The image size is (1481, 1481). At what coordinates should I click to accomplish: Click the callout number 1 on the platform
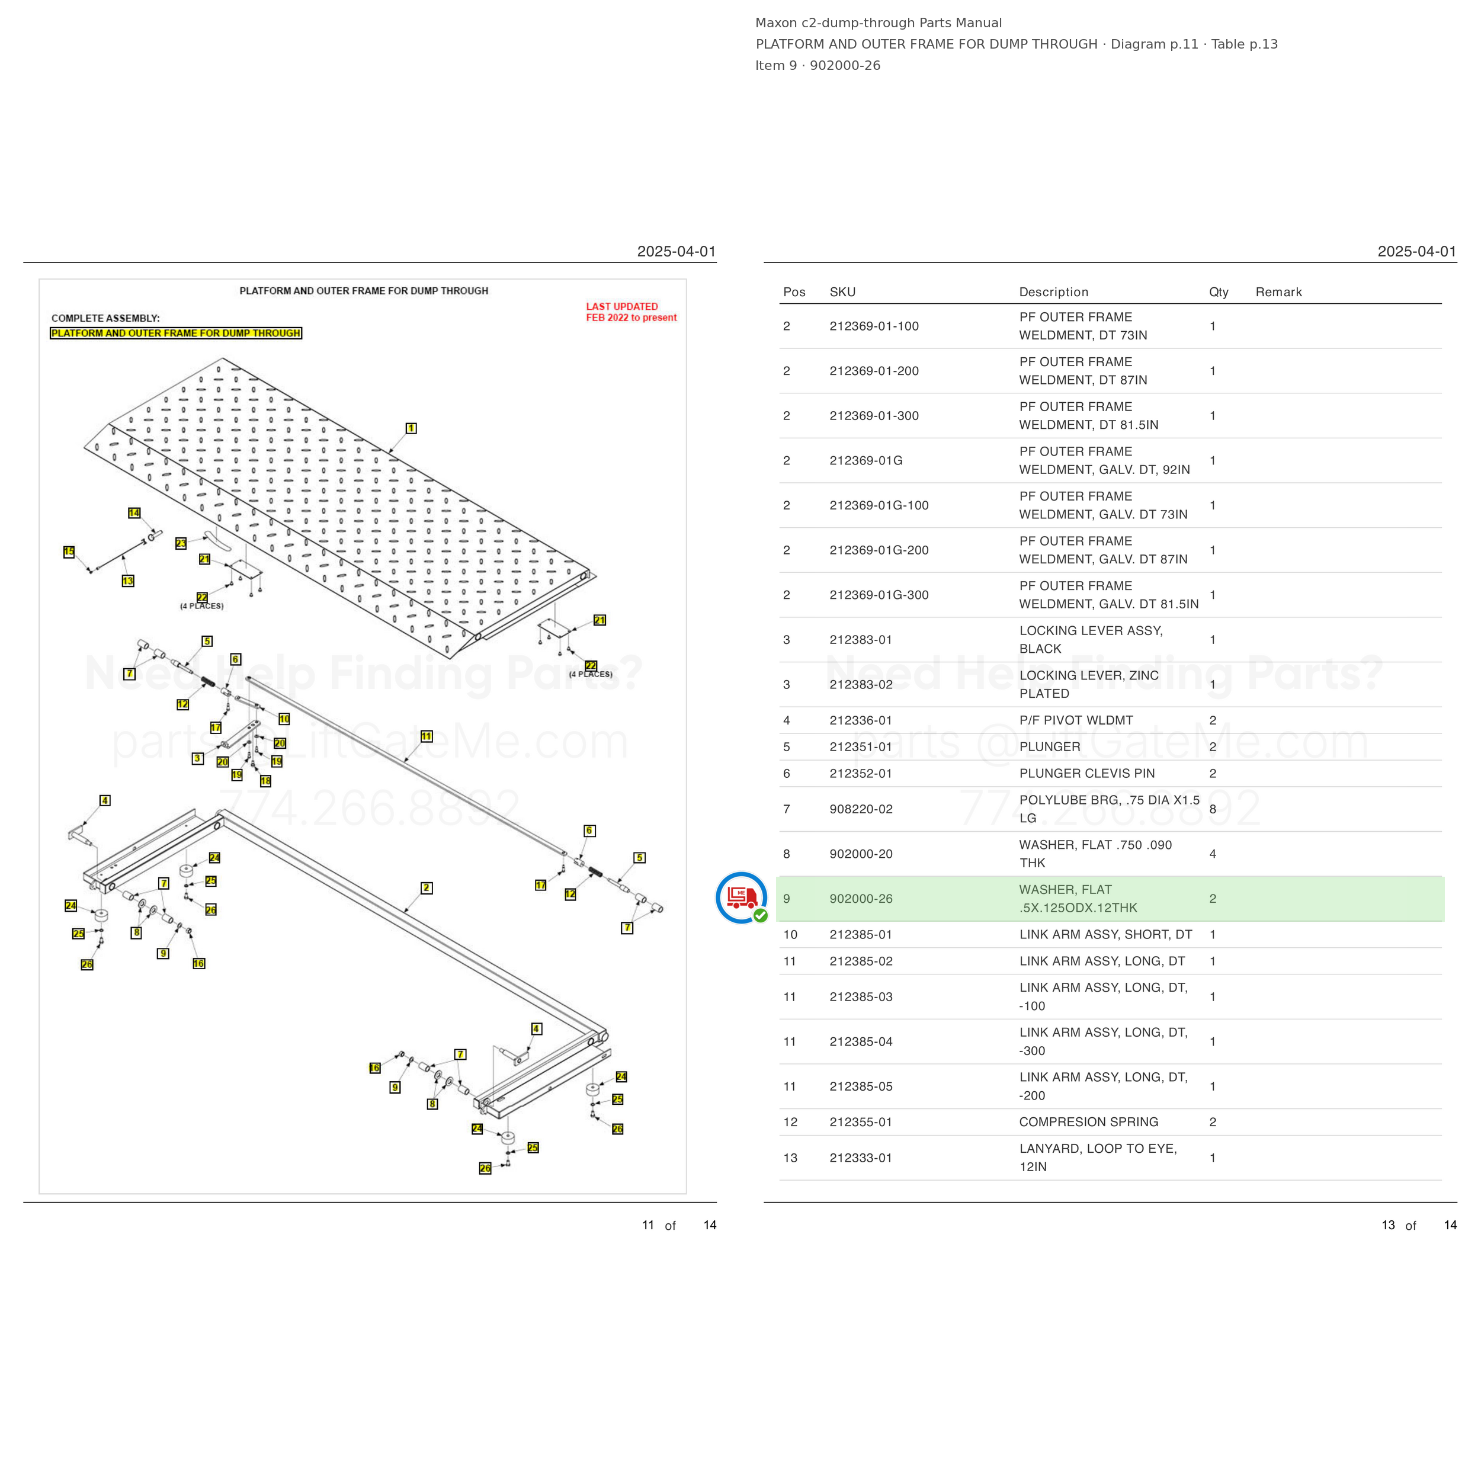tap(411, 428)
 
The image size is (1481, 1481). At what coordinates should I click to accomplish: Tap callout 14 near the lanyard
tap(134, 513)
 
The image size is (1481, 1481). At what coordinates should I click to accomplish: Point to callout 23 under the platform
tap(181, 543)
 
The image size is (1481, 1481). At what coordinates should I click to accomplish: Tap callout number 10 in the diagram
tap(284, 719)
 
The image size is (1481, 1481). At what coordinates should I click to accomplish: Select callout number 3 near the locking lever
tap(198, 758)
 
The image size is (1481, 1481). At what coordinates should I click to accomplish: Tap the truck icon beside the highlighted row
tap(741, 897)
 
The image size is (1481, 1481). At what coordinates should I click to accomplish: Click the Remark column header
tap(1278, 292)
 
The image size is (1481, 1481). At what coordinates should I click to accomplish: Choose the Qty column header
tap(1219, 292)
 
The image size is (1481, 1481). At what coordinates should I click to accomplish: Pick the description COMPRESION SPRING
tap(1088, 1121)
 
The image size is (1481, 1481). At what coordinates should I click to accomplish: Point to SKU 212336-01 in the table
tap(861, 720)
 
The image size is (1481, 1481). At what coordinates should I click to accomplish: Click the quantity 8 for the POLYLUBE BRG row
tap(1213, 809)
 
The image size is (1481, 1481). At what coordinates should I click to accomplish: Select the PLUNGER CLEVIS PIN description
tap(1087, 774)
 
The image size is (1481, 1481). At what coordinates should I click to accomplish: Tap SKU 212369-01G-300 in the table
tap(879, 595)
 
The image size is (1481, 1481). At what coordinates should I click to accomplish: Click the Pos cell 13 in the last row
tap(790, 1158)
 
